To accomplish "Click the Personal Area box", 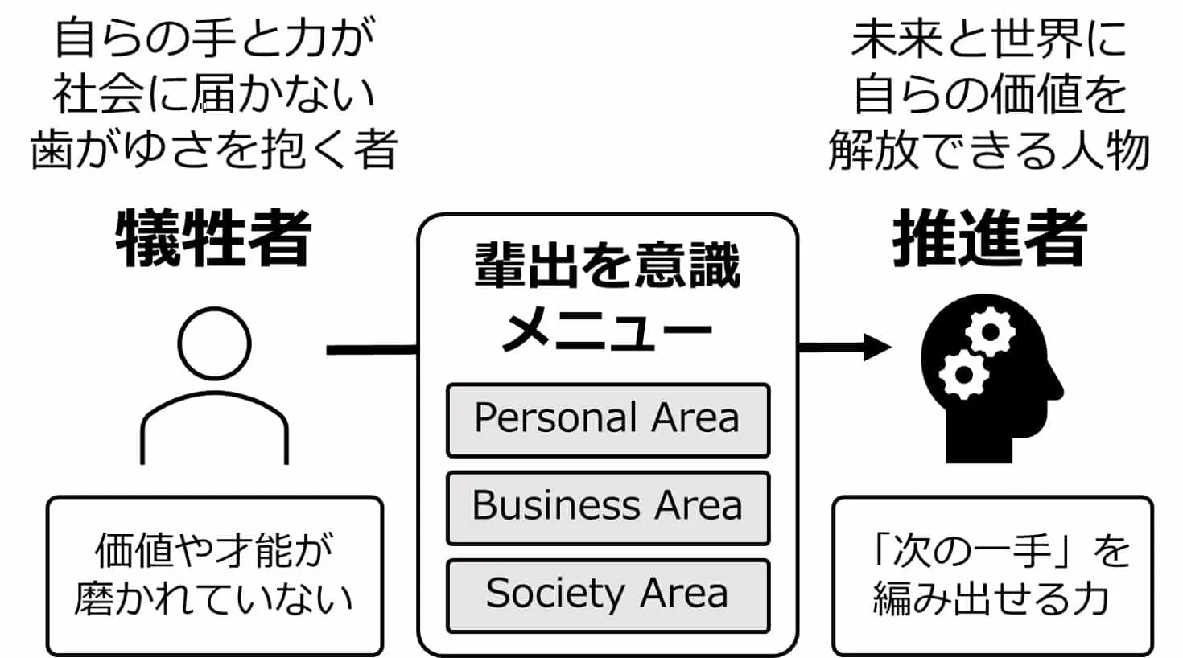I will click(x=608, y=420).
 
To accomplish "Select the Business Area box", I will click(x=608, y=508).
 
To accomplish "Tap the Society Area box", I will click(x=608, y=595).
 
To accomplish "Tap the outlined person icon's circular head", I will click(x=214, y=343).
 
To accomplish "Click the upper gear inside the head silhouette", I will click(x=989, y=332).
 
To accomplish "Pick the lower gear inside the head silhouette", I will click(x=962, y=374).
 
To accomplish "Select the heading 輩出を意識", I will click(x=608, y=266).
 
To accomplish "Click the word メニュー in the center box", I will click(x=608, y=327).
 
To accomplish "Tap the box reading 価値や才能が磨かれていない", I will click(x=214, y=575).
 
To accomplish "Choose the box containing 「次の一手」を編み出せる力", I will click(x=992, y=575).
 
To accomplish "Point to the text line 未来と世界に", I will click(x=989, y=39).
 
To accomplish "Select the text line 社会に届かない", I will click(x=214, y=94).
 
